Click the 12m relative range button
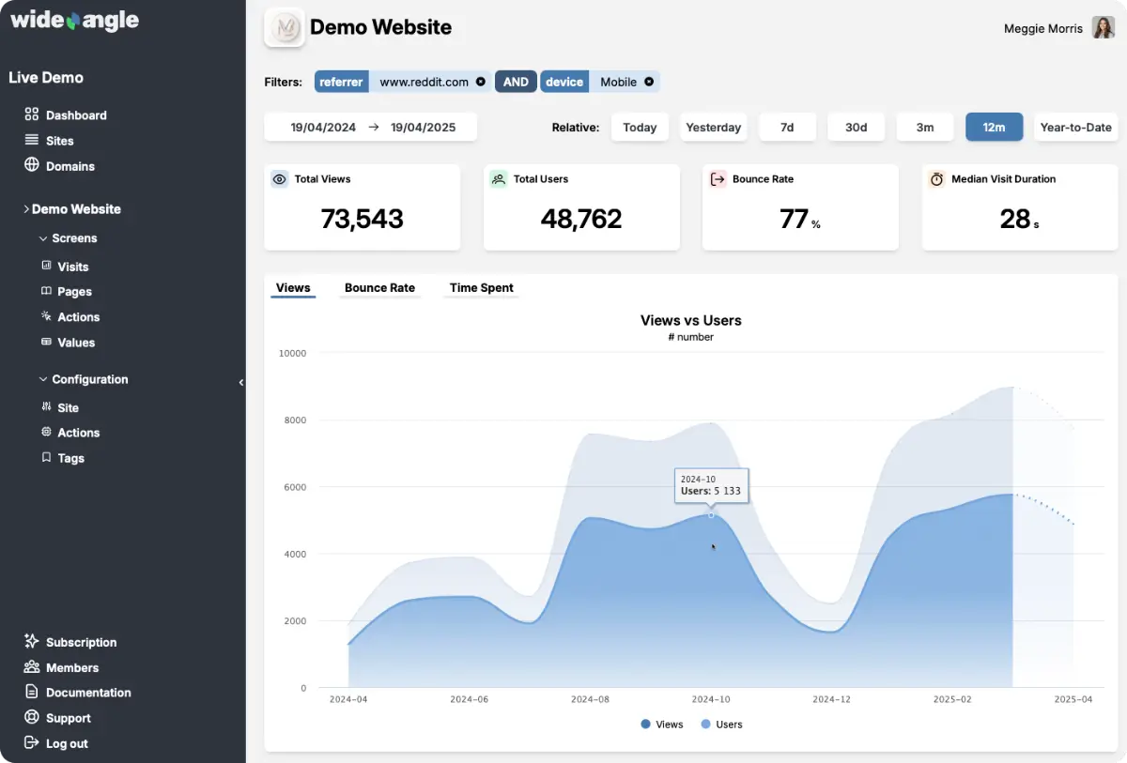(x=994, y=128)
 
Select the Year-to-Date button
(x=1075, y=128)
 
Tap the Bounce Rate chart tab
(x=379, y=288)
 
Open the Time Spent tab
(x=481, y=288)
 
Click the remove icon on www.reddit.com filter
(x=481, y=82)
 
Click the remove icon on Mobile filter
(x=649, y=82)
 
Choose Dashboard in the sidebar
(x=76, y=115)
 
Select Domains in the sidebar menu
(x=70, y=166)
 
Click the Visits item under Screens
(x=72, y=267)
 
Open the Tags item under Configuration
(x=70, y=458)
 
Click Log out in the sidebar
(x=67, y=743)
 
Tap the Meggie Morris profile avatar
(x=1103, y=28)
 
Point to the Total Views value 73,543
(x=362, y=220)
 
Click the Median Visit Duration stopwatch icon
(x=936, y=179)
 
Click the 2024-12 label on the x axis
(x=831, y=699)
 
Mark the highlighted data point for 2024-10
(x=711, y=514)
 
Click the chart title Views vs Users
(x=690, y=320)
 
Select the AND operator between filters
(x=516, y=82)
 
